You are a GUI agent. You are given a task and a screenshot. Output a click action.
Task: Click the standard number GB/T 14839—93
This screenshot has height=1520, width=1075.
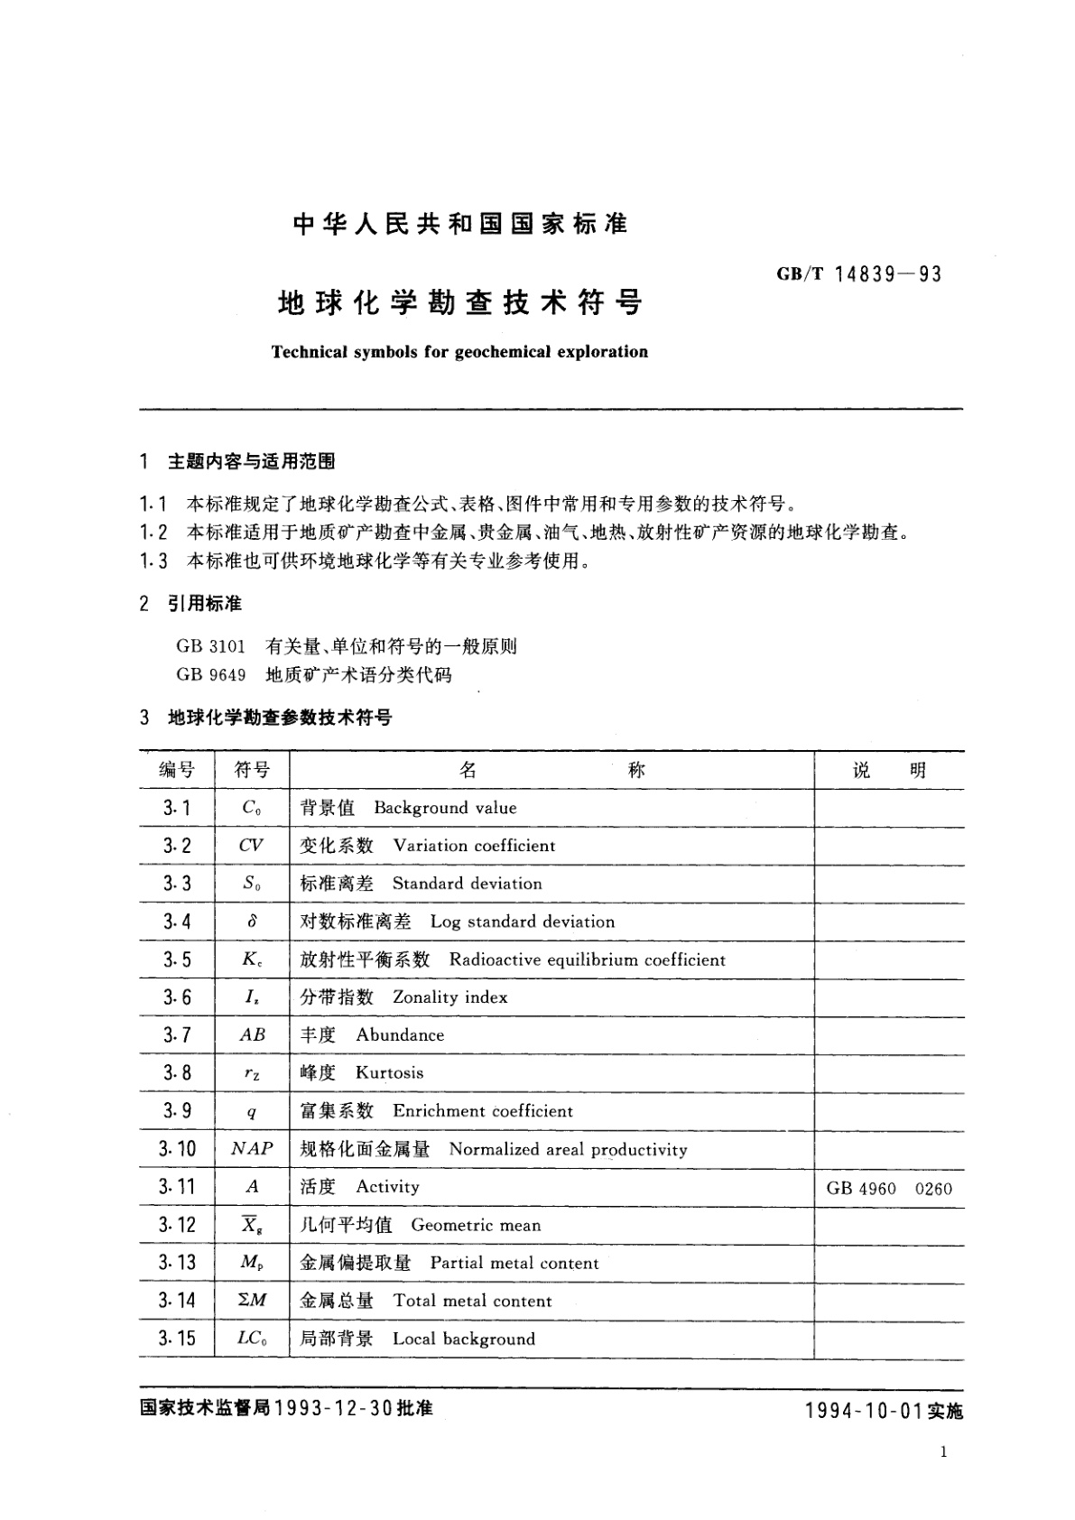click(x=858, y=274)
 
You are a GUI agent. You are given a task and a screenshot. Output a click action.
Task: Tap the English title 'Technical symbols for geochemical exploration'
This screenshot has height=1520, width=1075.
click(x=459, y=352)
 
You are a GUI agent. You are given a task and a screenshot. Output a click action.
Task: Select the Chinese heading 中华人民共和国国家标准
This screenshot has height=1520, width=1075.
click(x=460, y=224)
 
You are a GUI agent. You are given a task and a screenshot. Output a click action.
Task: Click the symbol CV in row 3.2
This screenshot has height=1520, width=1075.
click(x=251, y=846)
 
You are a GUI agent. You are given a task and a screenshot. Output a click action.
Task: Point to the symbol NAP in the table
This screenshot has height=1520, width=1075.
click(x=252, y=1149)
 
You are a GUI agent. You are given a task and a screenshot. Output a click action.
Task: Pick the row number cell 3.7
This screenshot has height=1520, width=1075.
click(x=177, y=1035)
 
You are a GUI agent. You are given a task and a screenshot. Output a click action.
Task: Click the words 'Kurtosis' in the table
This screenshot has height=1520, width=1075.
click(x=389, y=1073)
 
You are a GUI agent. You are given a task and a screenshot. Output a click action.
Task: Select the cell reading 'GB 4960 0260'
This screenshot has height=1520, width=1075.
click(x=888, y=1188)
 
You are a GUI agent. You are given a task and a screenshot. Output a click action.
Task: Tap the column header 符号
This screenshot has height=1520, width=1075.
click(x=252, y=770)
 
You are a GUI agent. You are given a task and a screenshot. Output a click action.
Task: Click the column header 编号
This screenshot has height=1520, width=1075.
click(x=177, y=770)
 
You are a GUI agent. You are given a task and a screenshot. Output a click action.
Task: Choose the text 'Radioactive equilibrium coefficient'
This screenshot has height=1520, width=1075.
click(x=587, y=959)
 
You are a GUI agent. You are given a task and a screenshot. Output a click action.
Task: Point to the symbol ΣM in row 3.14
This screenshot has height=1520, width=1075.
click(x=252, y=1301)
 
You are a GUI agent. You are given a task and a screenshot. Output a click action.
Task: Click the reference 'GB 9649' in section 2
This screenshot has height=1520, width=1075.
click(x=211, y=674)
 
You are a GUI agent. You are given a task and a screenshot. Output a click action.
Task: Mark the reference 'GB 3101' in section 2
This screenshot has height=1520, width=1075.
click(x=211, y=646)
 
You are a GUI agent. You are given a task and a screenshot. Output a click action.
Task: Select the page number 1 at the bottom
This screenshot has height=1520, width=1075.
click(x=943, y=1451)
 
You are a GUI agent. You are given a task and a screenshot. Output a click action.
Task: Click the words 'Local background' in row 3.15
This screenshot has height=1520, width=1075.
click(x=463, y=1339)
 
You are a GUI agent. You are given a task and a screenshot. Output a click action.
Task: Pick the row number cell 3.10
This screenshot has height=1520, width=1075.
click(x=177, y=1149)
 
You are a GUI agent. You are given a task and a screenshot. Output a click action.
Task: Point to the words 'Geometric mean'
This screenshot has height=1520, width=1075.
click(x=476, y=1225)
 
